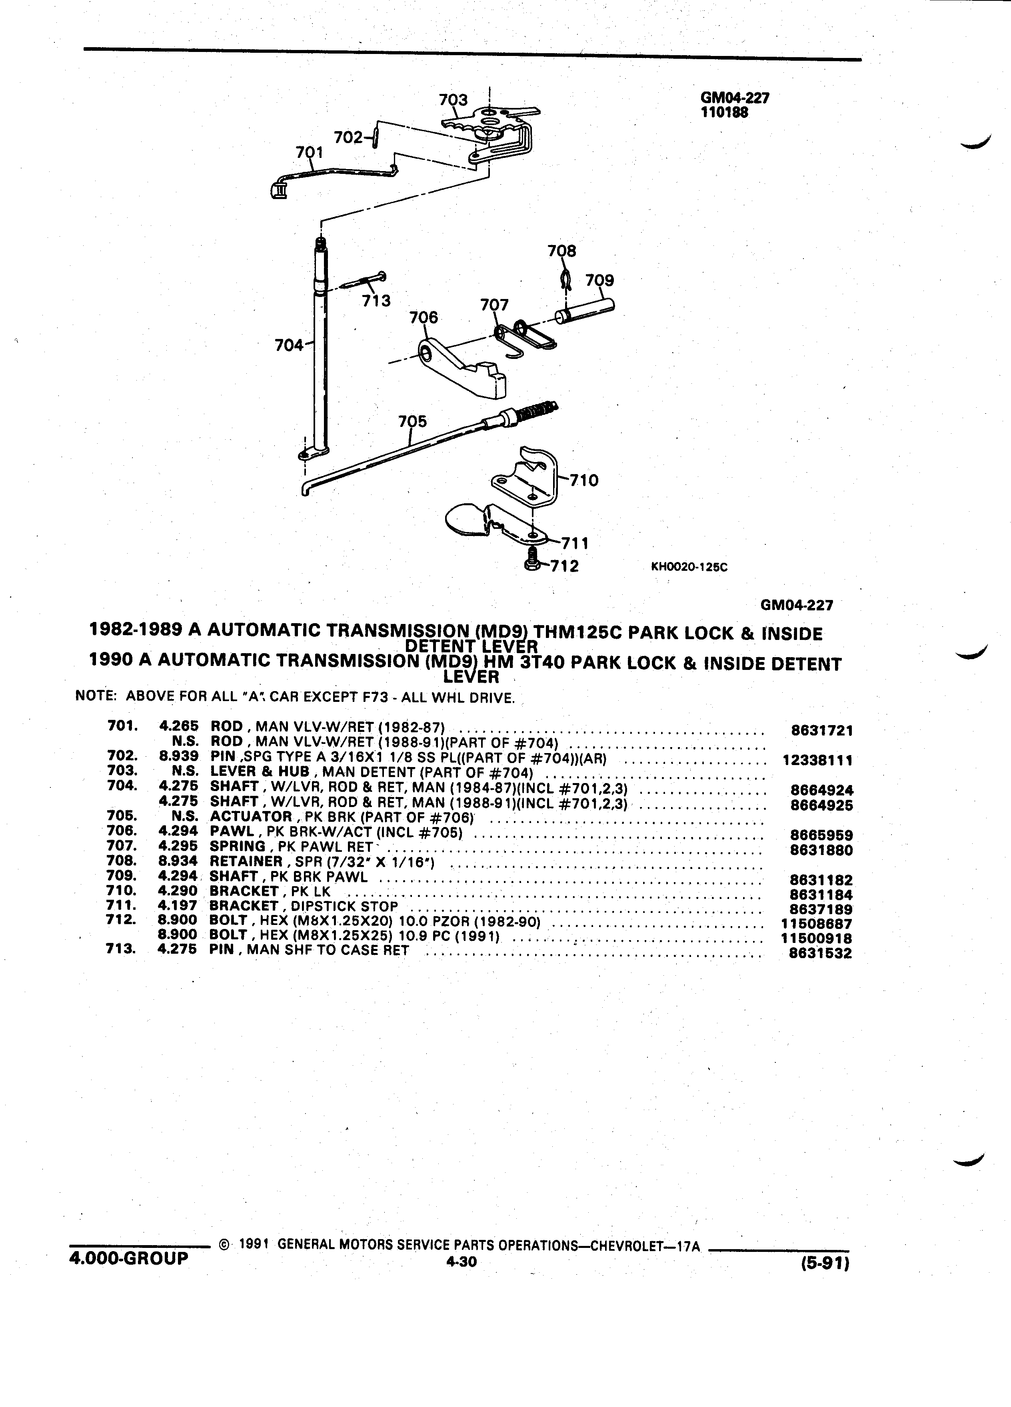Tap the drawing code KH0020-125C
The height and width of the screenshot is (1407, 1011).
689,566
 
